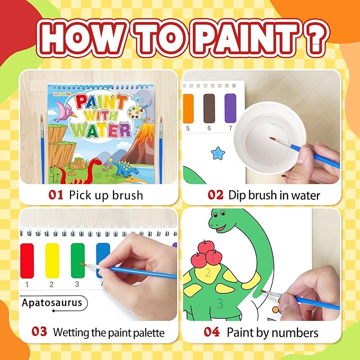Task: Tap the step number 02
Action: (x=216, y=195)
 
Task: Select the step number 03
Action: (x=39, y=332)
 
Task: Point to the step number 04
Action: (x=213, y=332)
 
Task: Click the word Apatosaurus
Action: (x=52, y=303)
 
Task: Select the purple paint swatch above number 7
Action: (x=230, y=108)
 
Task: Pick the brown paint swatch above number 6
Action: (x=209, y=108)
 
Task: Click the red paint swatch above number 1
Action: (x=27, y=260)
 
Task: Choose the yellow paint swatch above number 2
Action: (x=52, y=260)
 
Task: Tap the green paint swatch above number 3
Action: (x=77, y=260)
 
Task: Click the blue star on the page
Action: (x=217, y=154)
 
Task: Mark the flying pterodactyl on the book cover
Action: (x=67, y=111)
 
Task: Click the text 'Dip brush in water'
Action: (x=274, y=195)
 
